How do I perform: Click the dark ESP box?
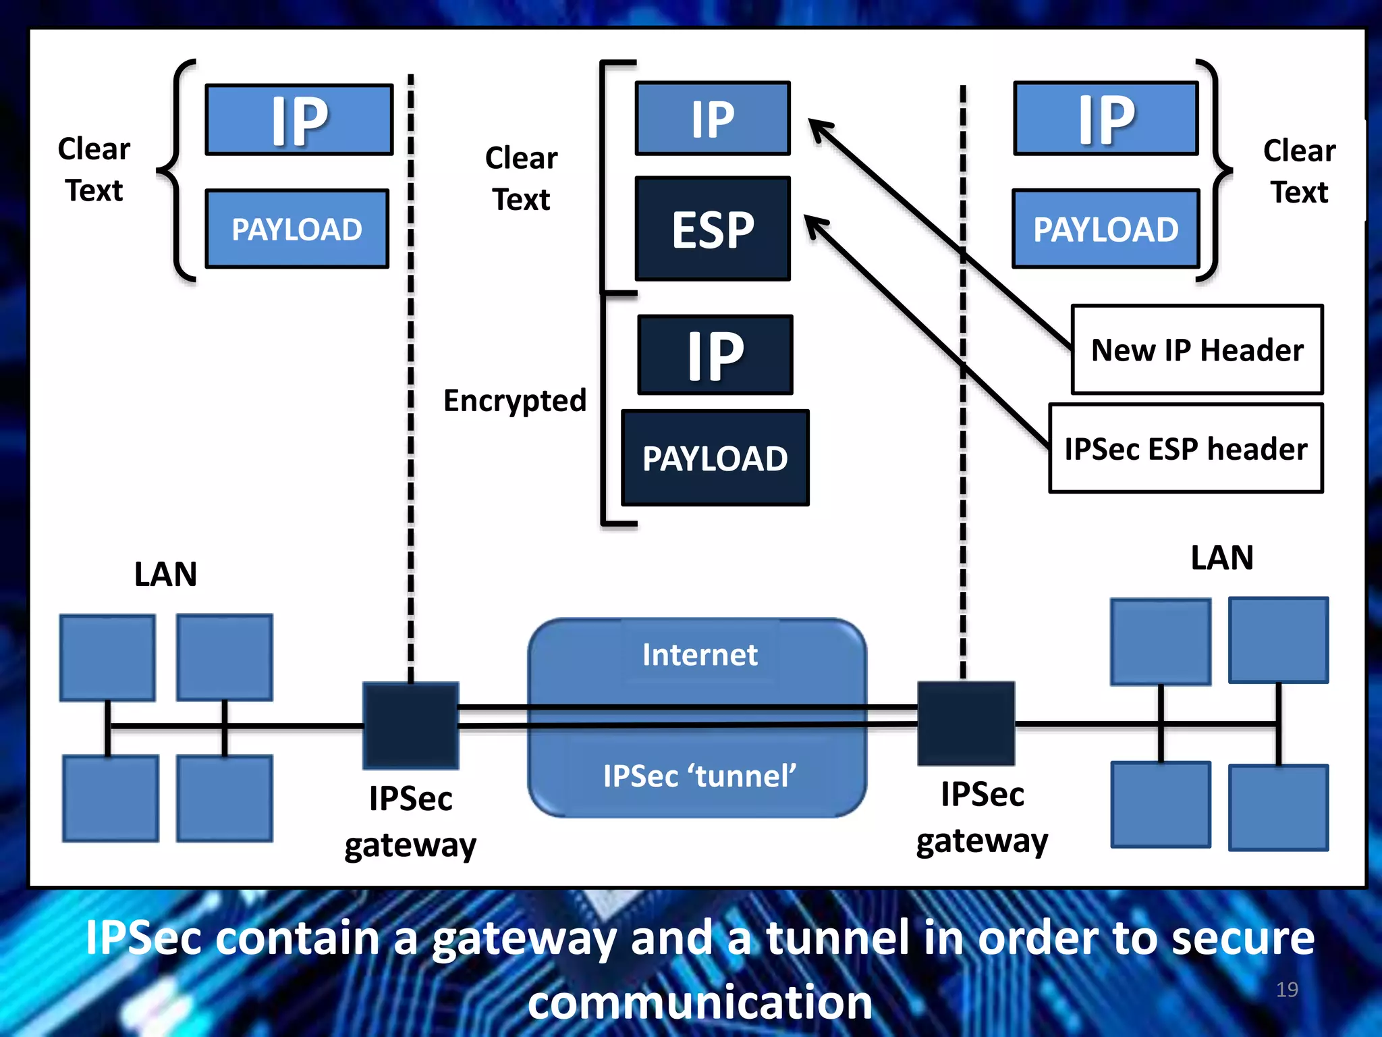tap(713, 229)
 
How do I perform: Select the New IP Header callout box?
tap(1197, 349)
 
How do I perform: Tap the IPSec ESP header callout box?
tap(1186, 448)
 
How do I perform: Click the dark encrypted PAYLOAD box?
tap(715, 458)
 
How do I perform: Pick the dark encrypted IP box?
tap(715, 355)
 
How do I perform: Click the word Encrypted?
tap(515, 400)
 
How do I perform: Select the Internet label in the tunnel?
tap(700, 654)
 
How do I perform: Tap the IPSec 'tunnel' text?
tap(700, 776)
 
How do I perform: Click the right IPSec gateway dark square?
tap(966, 724)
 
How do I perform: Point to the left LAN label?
tap(165, 575)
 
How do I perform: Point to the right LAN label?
tap(1221, 558)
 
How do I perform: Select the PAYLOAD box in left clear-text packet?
tap(297, 229)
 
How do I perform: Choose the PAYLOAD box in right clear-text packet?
tap(1105, 229)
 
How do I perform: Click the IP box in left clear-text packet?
tap(299, 120)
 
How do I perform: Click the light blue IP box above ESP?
tap(713, 119)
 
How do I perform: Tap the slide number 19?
tap(1287, 989)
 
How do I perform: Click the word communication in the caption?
tap(700, 1002)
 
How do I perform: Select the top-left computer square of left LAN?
tap(107, 657)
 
